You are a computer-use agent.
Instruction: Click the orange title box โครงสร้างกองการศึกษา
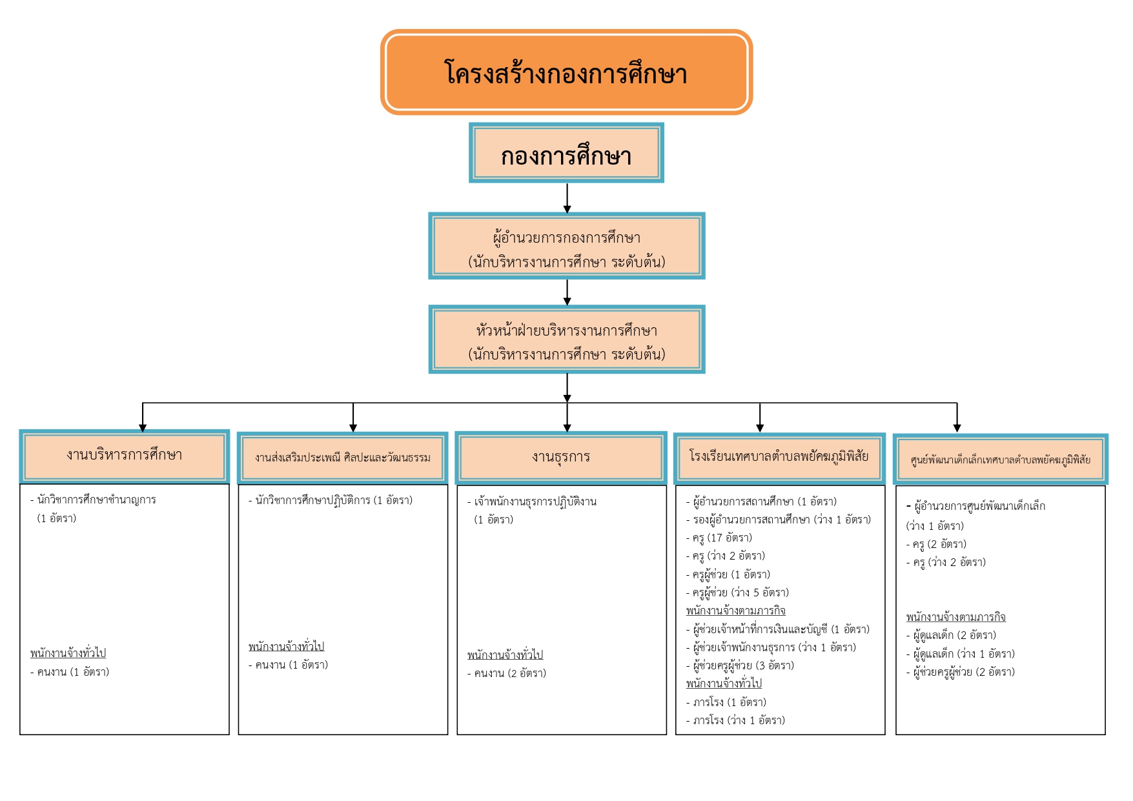pyautogui.click(x=566, y=72)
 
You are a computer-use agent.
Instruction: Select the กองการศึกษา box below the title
pyautogui.click(x=566, y=153)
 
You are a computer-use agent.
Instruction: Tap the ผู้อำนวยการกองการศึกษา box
pyautogui.click(x=566, y=246)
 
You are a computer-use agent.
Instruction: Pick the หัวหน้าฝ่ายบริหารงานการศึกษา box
pyautogui.click(x=566, y=340)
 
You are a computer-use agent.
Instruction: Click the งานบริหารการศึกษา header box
pyautogui.click(x=125, y=456)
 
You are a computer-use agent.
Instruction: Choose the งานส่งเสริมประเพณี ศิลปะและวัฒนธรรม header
pyautogui.click(x=343, y=458)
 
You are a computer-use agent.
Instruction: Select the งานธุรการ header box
pyautogui.click(x=561, y=458)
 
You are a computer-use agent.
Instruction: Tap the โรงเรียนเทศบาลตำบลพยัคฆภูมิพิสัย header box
pyautogui.click(x=779, y=458)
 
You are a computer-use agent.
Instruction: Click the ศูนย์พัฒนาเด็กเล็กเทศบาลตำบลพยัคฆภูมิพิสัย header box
pyautogui.click(x=1000, y=459)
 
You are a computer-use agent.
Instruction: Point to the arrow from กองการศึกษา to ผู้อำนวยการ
pyautogui.click(x=567, y=198)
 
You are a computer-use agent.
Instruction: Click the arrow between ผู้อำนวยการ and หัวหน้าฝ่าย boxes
pyautogui.click(x=567, y=292)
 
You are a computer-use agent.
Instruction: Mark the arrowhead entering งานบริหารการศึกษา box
pyautogui.click(x=143, y=427)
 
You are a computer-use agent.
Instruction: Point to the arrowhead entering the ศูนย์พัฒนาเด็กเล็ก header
pyautogui.click(x=957, y=428)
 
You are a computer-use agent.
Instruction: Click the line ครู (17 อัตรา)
pyautogui.click(x=719, y=538)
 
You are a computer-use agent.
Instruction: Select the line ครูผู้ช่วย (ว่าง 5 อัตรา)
pyautogui.click(x=737, y=593)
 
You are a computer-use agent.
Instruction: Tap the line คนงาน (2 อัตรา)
pyautogui.click(x=507, y=673)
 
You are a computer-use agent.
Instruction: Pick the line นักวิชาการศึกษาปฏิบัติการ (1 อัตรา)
pyautogui.click(x=331, y=500)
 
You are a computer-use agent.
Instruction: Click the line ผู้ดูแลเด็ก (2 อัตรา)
pyautogui.click(x=951, y=635)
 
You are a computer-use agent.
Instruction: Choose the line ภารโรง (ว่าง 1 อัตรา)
pyautogui.click(x=735, y=720)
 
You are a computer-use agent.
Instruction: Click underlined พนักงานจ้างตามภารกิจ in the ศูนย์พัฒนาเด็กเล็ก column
pyautogui.click(x=955, y=617)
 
